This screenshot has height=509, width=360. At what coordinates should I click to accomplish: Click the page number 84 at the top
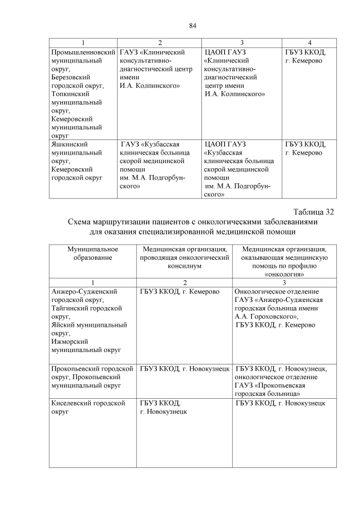point(192,26)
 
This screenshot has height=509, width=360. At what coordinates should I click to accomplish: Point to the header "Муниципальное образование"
point(92,253)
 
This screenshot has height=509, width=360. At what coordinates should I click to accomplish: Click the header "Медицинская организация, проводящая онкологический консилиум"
point(184,258)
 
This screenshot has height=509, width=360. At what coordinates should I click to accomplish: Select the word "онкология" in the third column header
point(284,274)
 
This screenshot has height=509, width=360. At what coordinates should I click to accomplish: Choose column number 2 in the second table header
point(184,282)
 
